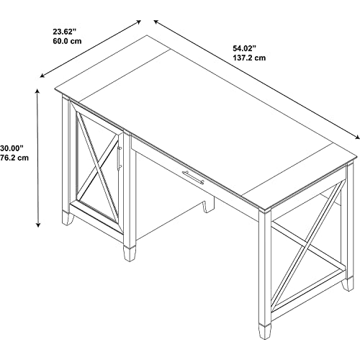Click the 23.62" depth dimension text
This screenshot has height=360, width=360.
click(x=64, y=31)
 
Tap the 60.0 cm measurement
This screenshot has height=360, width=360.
click(x=67, y=41)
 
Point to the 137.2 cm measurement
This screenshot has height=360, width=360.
click(x=249, y=58)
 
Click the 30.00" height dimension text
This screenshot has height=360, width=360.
click(x=12, y=148)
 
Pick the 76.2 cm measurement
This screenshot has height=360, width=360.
click(x=14, y=158)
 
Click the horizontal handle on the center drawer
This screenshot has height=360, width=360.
click(x=193, y=177)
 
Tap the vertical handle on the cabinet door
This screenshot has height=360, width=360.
click(x=119, y=157)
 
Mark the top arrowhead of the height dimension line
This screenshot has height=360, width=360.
click(x=37, y=91)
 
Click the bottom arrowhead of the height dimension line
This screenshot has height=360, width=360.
click(x=37, y=225)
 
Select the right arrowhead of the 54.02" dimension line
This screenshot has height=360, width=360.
click(x=358, y=138)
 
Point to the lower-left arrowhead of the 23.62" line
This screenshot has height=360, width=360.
click(x=42, y=76)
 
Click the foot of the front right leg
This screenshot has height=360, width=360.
click(x=265, y=331)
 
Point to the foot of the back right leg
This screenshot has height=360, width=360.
click(x=348, y=284)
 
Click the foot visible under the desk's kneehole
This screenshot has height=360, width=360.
click(x=208, y=205)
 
